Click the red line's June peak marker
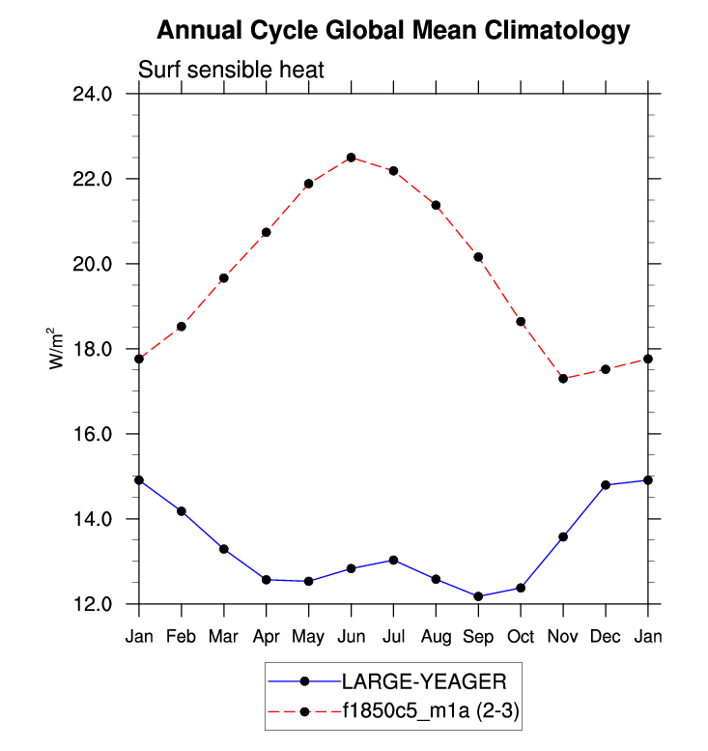point(352,158)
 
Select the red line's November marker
point(563,378)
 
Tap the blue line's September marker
point(478,596)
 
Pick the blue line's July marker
point(393,560)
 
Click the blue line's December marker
point(606,485)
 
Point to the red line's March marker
point(224,278)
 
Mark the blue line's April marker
point(267,579)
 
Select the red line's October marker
point(521,321)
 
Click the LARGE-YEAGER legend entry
point(416,680)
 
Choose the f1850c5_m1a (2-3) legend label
point(431,712)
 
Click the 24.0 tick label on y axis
point(93,95)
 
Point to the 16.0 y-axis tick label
point(93,435)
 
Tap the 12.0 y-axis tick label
point(93,605)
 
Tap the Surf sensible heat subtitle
point(231,71)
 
